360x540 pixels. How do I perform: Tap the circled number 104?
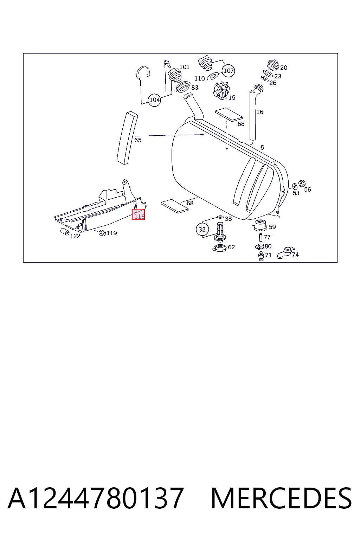tap(154, 99)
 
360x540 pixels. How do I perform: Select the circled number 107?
tap(229, 70)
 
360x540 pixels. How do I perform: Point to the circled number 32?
tap(202, 229)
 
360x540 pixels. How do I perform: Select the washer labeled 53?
tap(294, 186)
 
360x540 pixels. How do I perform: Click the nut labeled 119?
tap(102, 233)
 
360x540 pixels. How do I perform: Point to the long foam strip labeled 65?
tap(127, 138)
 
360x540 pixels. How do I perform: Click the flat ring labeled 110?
tap(213, 76)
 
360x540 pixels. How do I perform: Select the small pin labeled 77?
tap(261, 237)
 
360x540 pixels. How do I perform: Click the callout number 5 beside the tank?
tap(262, 147)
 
